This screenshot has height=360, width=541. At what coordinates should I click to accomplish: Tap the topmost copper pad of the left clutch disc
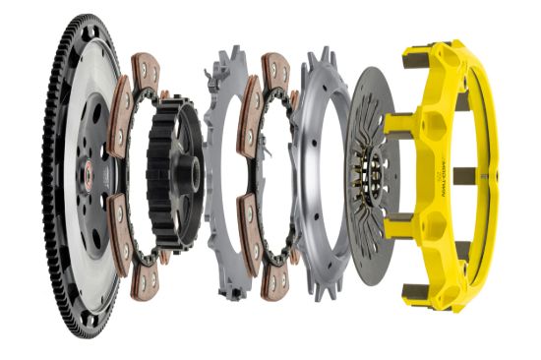148,72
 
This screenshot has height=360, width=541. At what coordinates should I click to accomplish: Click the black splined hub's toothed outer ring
157,177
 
